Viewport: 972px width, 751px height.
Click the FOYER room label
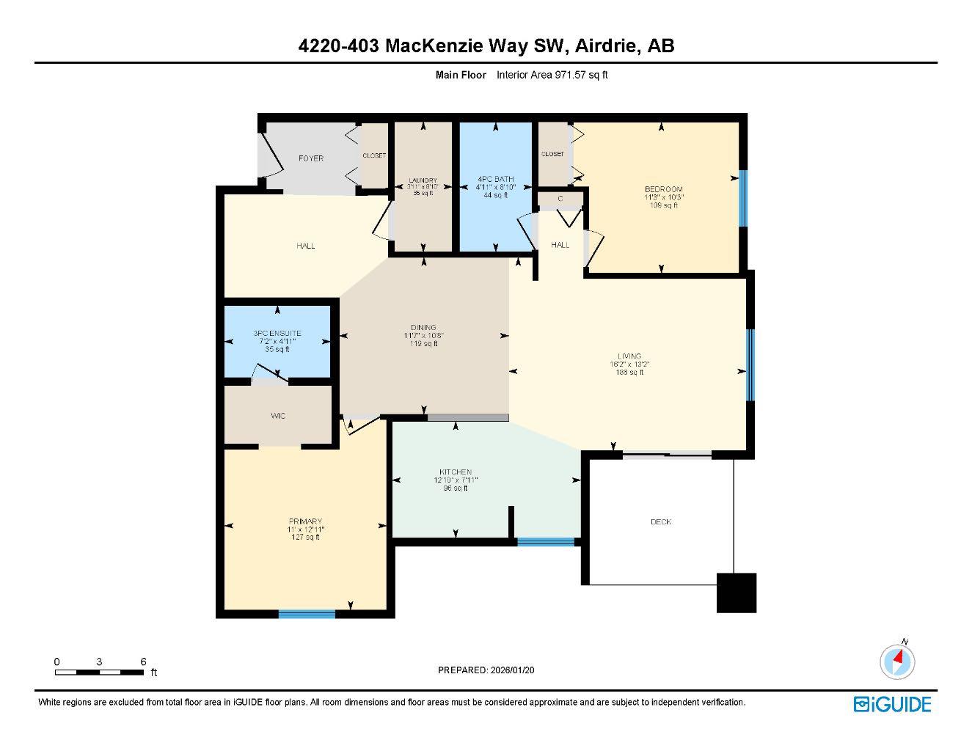pos(311,158)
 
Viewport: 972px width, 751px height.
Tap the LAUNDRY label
pos(423,180)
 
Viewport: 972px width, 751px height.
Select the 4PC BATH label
pos(496,179)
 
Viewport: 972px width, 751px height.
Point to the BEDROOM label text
pos(663,189)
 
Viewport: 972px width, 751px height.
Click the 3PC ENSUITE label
pos(277,334)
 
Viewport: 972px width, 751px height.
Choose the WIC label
pos(278,416)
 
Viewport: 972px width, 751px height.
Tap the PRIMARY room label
pos(305,521)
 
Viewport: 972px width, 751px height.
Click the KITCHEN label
pos(456,472)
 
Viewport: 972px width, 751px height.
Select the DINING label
pos(423,328)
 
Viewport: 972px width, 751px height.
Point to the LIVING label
pos(629,356)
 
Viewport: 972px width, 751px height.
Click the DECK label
pos(661,522)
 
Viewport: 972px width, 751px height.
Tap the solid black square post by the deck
pos(736,592)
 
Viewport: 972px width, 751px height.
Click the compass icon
pos(897,662)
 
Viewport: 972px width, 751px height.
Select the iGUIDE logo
pos(892,704)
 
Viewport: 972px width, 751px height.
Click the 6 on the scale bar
pos(143,662)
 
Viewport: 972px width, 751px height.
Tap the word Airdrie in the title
pos(607,46)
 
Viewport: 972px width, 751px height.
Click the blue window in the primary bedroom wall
pos(307,614)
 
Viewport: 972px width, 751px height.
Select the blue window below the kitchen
pos(546,542)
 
